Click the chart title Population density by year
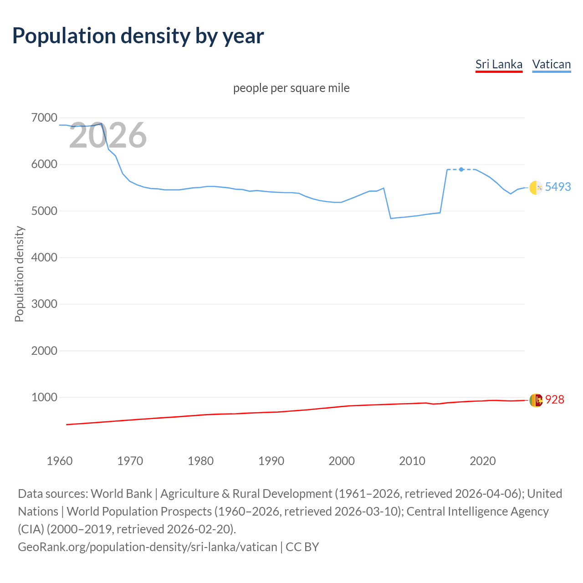(138, 36)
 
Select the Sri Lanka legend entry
(499, 64)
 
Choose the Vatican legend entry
(551, 64)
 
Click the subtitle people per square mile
(291, 88)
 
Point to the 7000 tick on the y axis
(44, 118)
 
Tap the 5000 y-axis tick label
(44, 211)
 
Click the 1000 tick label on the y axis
(44, 397)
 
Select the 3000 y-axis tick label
(44, 304)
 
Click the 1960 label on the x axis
(60, 461)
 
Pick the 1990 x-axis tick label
(271, 461)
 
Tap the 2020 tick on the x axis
(482, 461)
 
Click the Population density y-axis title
(19, 274)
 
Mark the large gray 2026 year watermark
(107, 135)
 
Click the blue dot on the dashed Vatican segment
(461, 169)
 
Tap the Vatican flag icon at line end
(536, 187)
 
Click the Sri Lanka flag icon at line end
(536, 400)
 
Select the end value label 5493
(557, 187)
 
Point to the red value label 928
(554, 399)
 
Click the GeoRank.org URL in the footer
(147, 547)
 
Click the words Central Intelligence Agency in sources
(477, 511)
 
